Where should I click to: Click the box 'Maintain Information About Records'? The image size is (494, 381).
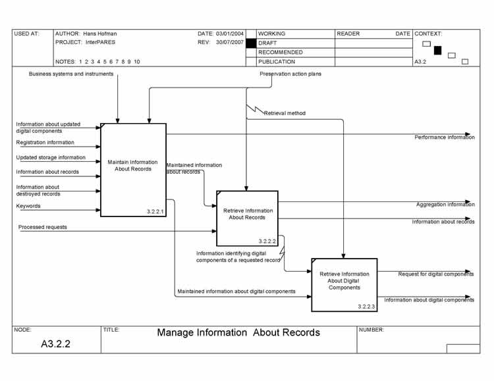(133, 170)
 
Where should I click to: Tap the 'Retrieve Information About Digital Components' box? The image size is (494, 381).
(344, 284)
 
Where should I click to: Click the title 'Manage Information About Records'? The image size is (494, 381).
(238, 332)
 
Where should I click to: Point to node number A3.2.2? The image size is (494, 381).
(55, 343)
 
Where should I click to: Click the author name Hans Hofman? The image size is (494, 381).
(100, 34)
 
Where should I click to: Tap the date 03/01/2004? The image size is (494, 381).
(230, 34)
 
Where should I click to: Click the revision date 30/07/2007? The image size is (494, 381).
(230, 42)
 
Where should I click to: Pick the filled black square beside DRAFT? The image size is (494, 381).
(250, 43)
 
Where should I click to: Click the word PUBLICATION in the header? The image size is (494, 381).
(277, 62)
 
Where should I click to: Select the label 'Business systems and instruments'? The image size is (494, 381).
(71, 74)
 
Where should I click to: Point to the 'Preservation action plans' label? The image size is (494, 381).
(290, 74)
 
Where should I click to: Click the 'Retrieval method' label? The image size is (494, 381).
(285, 113)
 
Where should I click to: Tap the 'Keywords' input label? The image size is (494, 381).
(28, 206)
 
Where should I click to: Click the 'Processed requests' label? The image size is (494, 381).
(42, 227)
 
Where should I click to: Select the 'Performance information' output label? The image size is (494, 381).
(444, 138)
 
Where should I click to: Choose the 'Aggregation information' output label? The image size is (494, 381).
(445, 205)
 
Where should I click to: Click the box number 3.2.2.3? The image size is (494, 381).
(366, 307)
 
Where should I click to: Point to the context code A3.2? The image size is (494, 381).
(420, 62)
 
